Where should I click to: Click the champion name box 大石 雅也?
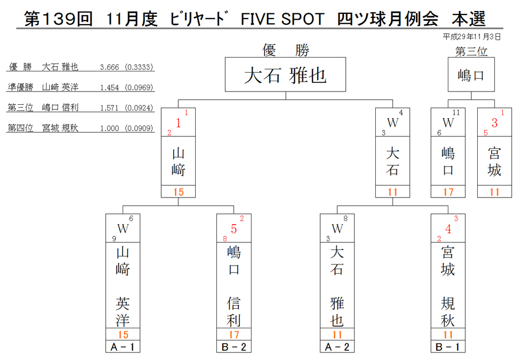pyautogui.click(x=285, y=75)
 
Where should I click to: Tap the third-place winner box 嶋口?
pyautogui.click(x=471, y=75)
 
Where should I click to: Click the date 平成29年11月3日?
pyautogui.click(x=471, y=37)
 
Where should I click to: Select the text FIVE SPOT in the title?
pyautogui.click(x=283, y=19)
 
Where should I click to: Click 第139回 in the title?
pyautogui.click(x=59, y=19)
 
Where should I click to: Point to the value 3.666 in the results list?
pyautogui.click(x=109, y=67)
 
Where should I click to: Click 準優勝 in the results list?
pyautogui.click(x=21, y=88)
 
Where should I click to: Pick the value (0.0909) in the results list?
pyautogui.click(x=139, y=128)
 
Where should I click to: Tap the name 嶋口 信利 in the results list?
pyautogui.click(x=60, y=108)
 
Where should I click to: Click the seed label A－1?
pyautogui.click(x=123, y=347)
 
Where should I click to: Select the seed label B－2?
pyautogui.click(x=234, y=347)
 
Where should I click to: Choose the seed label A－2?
pyautogui.click(x=337, y=347)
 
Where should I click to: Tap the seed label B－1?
pyautogui.click(x=448, y=347)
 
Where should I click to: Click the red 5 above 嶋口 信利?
pyautogui.click(x=234, y=229)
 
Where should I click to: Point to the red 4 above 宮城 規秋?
pyautogui.click(x=448, y=229)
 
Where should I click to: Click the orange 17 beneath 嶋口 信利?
pyautogui.click(x=234, y=335)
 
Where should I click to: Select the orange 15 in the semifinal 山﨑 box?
pyautogui.click(x=178, y=192)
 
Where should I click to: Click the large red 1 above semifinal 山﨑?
pyautogui.click(x=178, y=123)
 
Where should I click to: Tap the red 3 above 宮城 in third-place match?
pyautogui.click(x=494, y=123)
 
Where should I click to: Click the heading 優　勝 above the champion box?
pyautogui.click(x=285, y=50)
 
